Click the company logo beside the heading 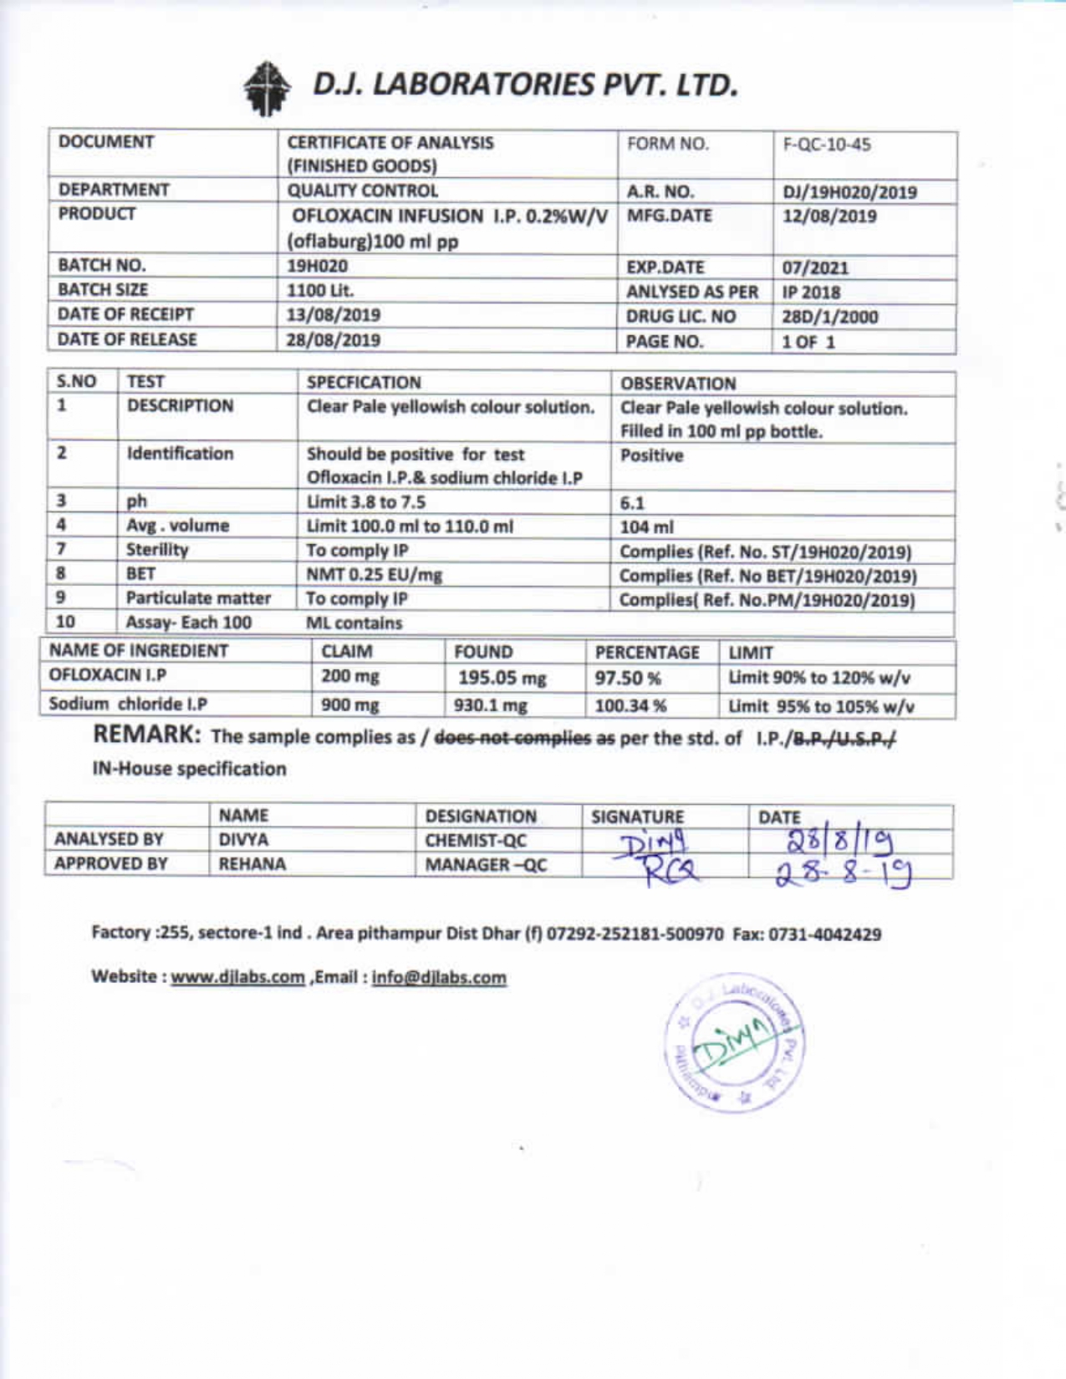267,87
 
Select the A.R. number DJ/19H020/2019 849,193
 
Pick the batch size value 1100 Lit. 320,291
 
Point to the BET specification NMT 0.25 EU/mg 374,575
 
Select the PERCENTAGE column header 646,652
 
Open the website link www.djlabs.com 237,978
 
